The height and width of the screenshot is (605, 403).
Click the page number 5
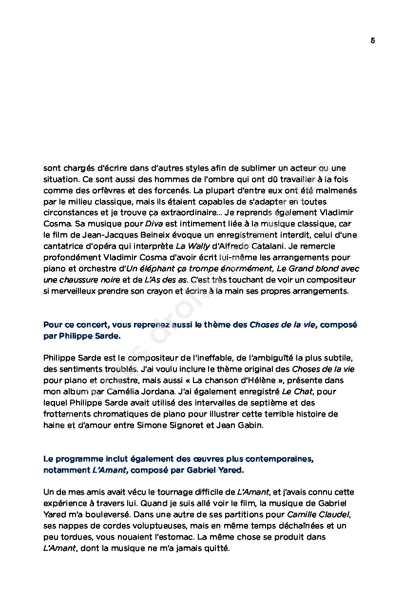pos(372,40)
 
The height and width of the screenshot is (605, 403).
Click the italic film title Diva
pos(154,224)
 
